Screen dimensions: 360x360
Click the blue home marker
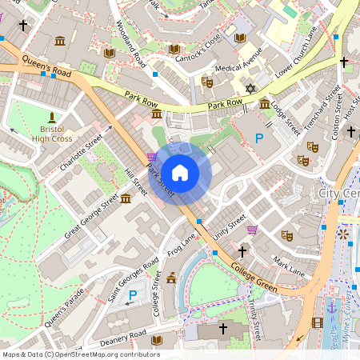180,172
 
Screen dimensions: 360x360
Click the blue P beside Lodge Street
258,139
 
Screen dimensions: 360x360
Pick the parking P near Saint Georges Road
133,296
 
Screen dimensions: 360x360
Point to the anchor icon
331,306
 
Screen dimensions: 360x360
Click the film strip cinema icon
318,322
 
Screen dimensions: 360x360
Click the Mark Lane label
288,266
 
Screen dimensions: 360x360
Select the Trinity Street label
256,310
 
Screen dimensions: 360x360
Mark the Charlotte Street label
82,153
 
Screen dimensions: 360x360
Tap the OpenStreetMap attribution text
81,354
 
